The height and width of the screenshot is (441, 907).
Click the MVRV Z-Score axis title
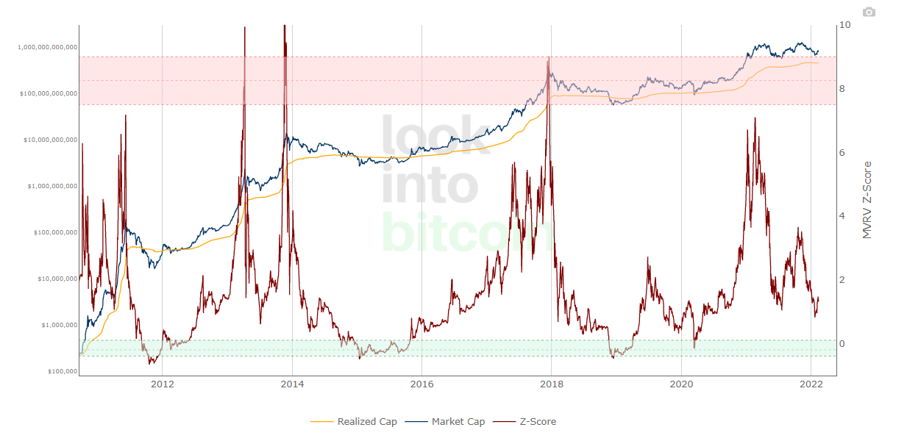tap(867, 199)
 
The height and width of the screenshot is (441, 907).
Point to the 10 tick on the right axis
tap(844, 25)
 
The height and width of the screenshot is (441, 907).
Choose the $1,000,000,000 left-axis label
tap(51, 186)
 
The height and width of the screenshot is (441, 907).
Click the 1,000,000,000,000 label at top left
tap(46, 47)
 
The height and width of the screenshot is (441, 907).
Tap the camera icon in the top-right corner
tap(869, 12)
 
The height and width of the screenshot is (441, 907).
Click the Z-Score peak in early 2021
tap(755, 118)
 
